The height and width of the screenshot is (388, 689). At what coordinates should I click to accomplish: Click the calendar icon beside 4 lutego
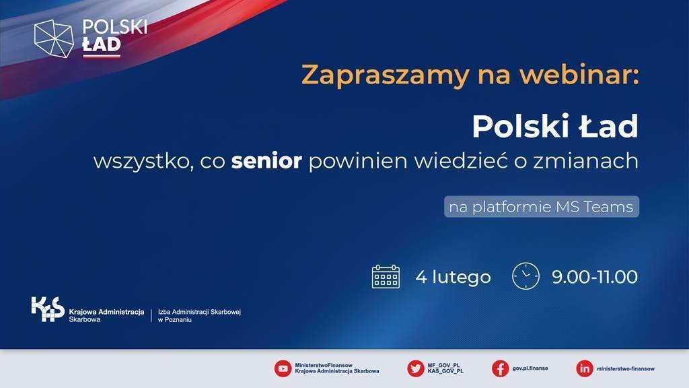point(386,276)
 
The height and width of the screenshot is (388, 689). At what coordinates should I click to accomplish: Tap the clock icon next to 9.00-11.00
point(525,276)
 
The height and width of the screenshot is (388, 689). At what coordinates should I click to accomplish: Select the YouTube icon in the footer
point(283,368)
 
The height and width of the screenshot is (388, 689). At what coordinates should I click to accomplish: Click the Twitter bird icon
point(415,368)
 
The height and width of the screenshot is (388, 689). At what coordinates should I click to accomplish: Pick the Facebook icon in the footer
point(500,368)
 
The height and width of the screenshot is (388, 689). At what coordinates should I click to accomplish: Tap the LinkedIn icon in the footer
point(585,368)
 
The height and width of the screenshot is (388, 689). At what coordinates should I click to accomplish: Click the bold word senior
point(266,161)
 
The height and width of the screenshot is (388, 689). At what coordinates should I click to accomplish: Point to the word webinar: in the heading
point(579,75)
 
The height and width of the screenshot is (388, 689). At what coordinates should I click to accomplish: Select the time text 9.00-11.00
point(595,277)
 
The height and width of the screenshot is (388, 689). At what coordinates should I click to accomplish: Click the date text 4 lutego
point(453,277)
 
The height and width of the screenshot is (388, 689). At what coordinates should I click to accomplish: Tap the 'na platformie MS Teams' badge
point(542,206)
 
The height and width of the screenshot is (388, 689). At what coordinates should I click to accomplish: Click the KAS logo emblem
point(48,309)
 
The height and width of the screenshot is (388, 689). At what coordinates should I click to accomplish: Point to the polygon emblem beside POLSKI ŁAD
point(54,38)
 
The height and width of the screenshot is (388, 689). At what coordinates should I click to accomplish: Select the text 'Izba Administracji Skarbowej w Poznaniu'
point(199,315)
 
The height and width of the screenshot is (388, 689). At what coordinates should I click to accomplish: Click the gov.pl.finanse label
point(530,368)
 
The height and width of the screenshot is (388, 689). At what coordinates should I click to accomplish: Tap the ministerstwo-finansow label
point(625,368)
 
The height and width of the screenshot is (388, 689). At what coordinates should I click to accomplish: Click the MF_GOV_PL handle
point(444,365)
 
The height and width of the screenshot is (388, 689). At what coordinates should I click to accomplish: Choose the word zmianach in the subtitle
point(586,161)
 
